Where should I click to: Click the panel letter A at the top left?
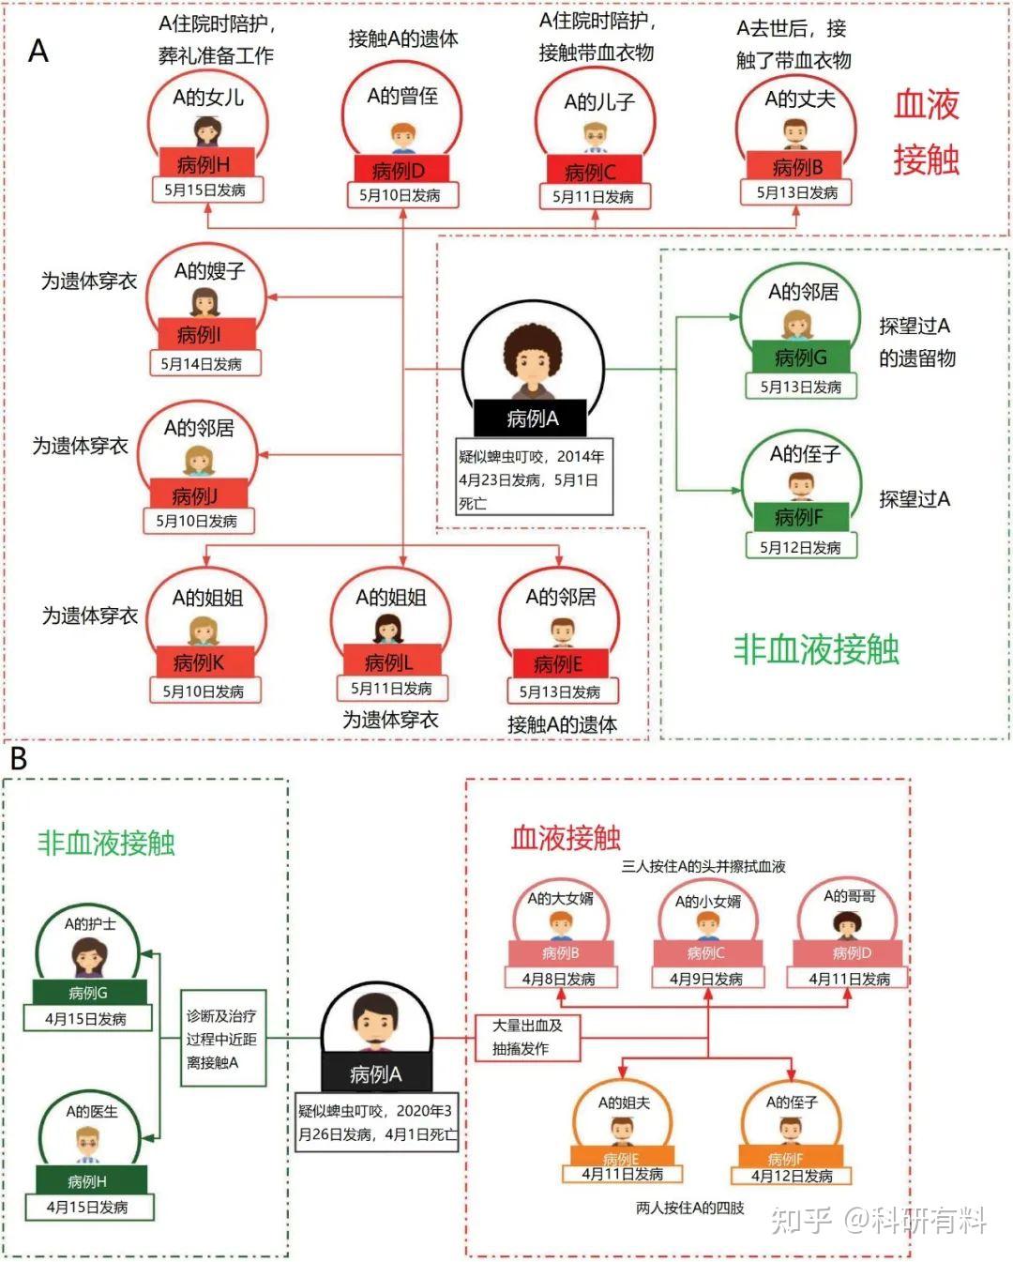pyautogui.click(x=38, y=51)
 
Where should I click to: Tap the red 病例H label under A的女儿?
pyautogui.click(x=204, y=163)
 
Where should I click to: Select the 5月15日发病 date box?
pyautogui.click(x=205, y=190)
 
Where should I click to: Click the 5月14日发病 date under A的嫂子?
pyautogui.click(x=202, y=364)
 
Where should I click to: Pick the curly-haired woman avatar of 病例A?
pyautogui.click(x=531, y=362)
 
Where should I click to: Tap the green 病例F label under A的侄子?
pyautogui.click(x=799, y=517)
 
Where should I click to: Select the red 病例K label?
pyautogui.click(x=200, y=662)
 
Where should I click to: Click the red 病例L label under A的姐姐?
pyautogui.click(x=388, y=662)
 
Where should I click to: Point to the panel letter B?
pyautogui.click(x=19, y=758)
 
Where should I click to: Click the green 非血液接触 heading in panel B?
pyautogui.click(x=106, y=843)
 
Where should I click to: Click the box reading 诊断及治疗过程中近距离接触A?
pyautogui.click(x=222, y=1040)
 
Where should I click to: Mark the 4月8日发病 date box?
pyautogui.click(x=559, y=979)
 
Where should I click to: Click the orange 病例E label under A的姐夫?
pyautogui.click(x=621, y=1158)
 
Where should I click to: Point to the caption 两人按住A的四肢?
pyautogui.click(x=690, y=1208)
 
